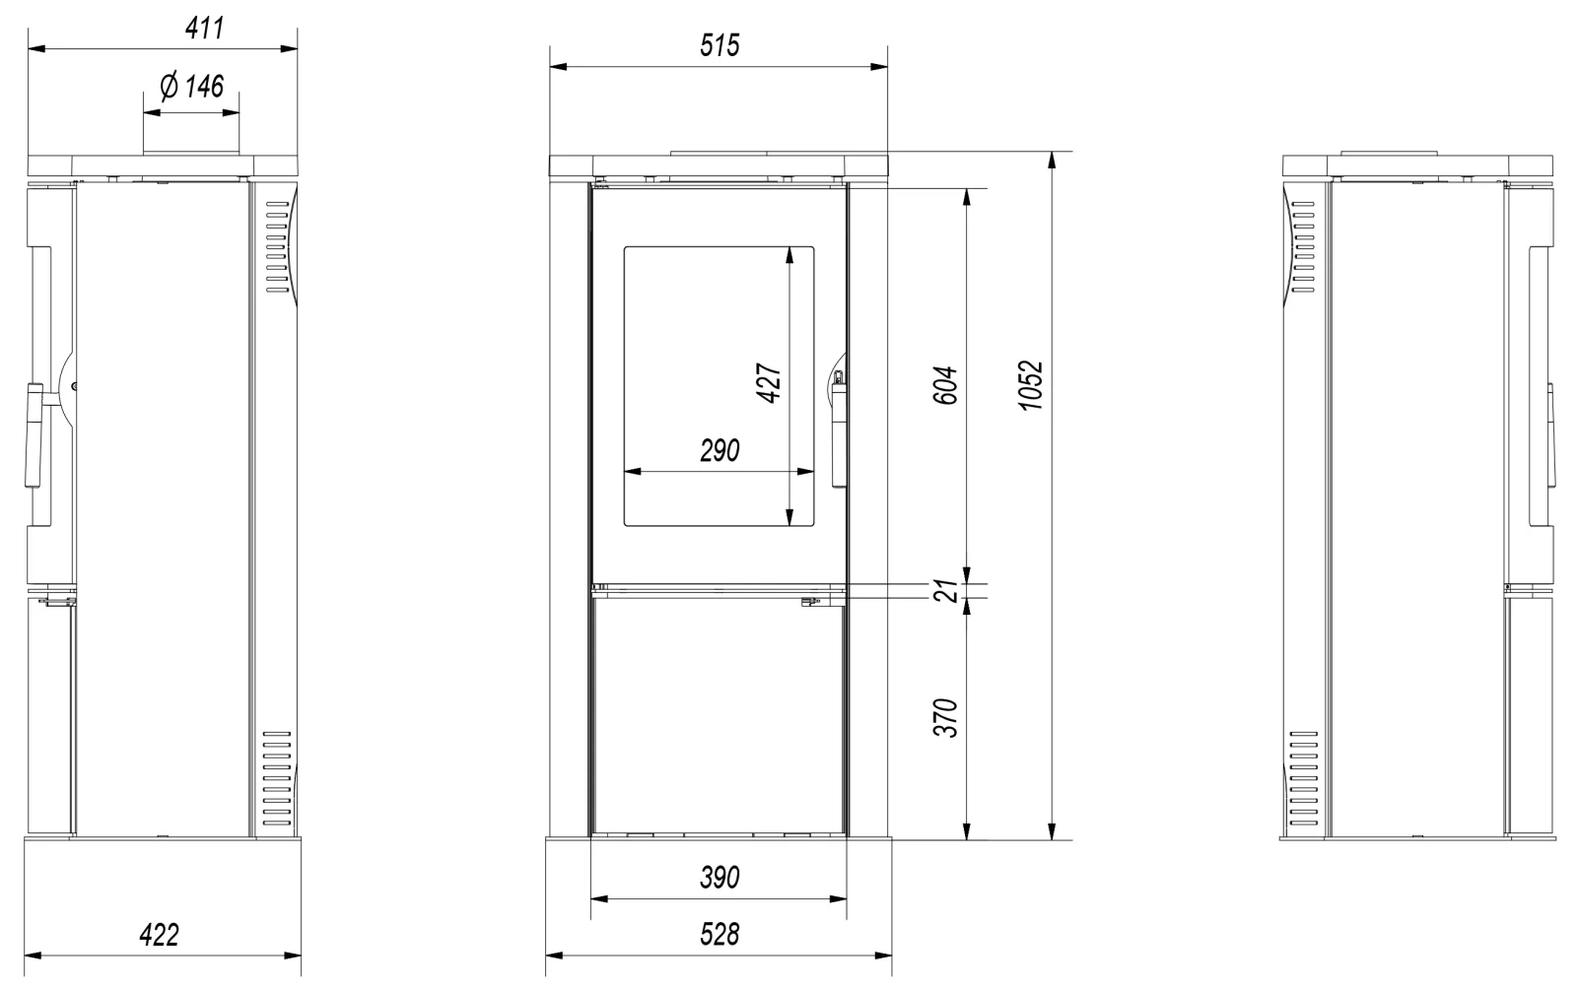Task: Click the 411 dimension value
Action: (x=205, y=29)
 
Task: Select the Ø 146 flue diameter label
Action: (x=191, y=87)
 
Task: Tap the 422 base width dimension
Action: (x=159, y=935)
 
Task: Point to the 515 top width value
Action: (x=720, y=45)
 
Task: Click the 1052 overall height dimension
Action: (x=1031, y=385)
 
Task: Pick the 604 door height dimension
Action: (x=945, y=385)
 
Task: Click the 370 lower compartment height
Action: (x=945, y=718)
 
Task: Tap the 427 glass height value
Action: (x=768, y=383)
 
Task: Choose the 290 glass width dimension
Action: (x=720, y=450)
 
